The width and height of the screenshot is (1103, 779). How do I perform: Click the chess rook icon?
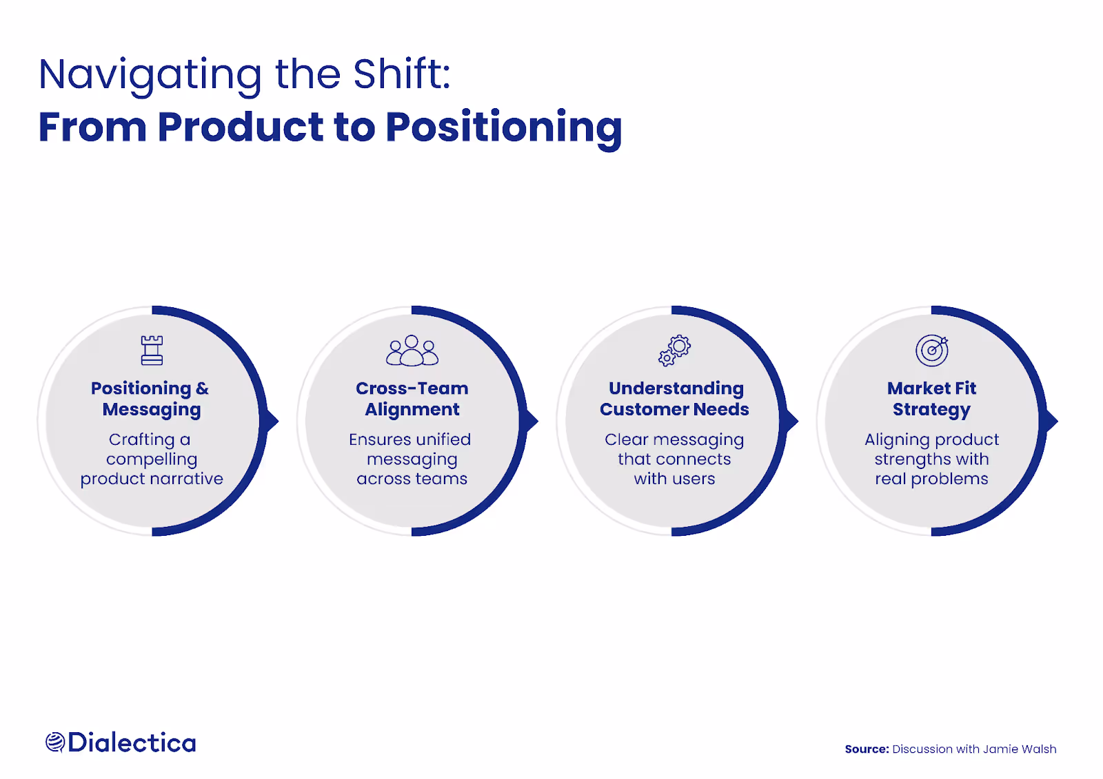pyautogui.click(x=152, y=351)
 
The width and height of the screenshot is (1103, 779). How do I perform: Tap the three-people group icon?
pyautogui.click(x=412, y=351)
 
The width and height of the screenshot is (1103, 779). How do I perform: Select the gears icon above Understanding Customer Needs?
pyautogui.click(x=674, y=351)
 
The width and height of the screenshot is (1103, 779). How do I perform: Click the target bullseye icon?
pyautogui.click(x=931, y=351)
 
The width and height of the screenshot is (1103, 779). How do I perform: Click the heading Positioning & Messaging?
pyautogui.click(x=150, y=399)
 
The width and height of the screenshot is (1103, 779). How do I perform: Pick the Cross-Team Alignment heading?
pyautogui.click(x=412, y=399)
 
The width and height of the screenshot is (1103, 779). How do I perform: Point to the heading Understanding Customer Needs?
pyautogui.click(x=674, y=399)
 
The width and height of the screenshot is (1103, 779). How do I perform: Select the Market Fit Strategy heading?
pyautogui.click(x=931, y=399)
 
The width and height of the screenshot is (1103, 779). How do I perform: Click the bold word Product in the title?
pyautogui.click(x=241, y=127)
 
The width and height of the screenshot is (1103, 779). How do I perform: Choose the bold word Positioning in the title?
pyautogui.click(x=504, y=129)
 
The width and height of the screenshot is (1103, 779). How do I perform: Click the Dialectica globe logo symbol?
pyautogui.click(x=55, y=742)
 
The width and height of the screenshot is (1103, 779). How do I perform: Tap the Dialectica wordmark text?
pyautogui.click(x=132, y=742)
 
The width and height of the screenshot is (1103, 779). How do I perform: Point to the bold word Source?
pyautogui.click(x=867, y=749)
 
